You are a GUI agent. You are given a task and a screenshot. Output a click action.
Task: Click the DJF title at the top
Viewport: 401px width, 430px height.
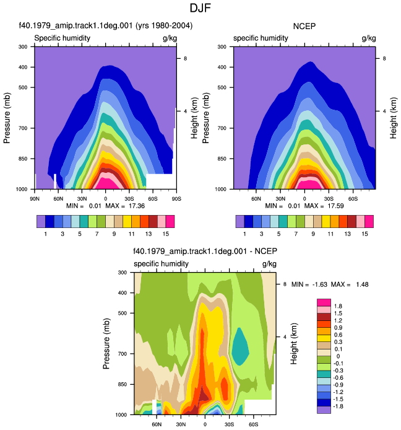(x=200, y=8)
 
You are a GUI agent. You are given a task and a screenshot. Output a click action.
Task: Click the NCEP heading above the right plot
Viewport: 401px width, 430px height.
(x=304, y=26)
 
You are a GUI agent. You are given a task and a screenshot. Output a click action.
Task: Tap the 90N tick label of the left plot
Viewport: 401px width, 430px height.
(x=35, y=199)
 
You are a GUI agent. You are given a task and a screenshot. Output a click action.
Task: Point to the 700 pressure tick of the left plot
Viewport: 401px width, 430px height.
(x=23, y=128)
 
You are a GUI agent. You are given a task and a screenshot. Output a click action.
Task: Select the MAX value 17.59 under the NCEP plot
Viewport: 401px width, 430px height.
(x=335, y=206)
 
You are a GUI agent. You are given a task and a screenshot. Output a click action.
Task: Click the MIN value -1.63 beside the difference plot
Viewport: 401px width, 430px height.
(x=320, y=284)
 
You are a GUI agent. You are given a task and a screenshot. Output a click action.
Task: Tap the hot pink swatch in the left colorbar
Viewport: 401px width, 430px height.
(x=170, y=222)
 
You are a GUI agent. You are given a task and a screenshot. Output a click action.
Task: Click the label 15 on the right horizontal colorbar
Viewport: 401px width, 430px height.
(x=364, y=234)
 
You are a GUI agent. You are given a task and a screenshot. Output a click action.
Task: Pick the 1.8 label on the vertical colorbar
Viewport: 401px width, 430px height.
(x=338, y=306)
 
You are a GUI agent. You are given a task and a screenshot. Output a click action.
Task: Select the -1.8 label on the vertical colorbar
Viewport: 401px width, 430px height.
(x=338, y=406)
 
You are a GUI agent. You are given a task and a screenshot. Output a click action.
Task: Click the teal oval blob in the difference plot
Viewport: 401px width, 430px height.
(x=240, y=347)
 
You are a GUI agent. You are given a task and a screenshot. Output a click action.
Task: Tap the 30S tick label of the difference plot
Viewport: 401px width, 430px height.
(x=229, y=424)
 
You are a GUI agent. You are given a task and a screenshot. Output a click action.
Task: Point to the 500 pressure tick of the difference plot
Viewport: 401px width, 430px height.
(x=123, y=313)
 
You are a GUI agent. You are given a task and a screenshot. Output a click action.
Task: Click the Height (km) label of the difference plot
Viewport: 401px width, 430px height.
(x=293, y=344)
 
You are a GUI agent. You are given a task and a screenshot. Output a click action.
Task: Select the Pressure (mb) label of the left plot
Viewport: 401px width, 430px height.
(x=7, y=118)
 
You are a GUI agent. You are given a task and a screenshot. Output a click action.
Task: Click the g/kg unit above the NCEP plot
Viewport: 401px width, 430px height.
(x=369, y=38)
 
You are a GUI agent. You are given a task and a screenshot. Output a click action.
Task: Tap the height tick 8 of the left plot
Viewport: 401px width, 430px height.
(x=186, y=58)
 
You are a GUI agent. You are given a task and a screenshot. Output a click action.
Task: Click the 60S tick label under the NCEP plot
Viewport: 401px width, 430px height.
(x=353, y=199)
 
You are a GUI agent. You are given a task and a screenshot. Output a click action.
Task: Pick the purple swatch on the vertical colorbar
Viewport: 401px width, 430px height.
(x=324, y=410)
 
